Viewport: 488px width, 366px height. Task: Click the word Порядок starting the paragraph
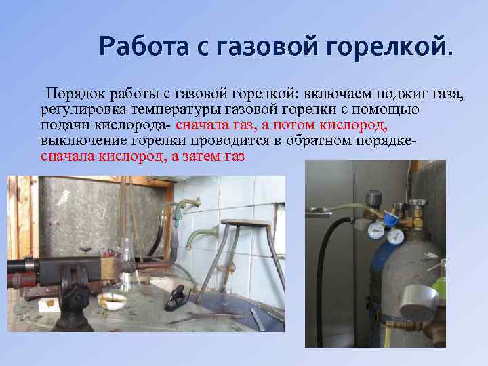(x=72, y=93)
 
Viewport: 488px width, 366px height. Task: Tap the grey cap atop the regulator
(x=374, y=197)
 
